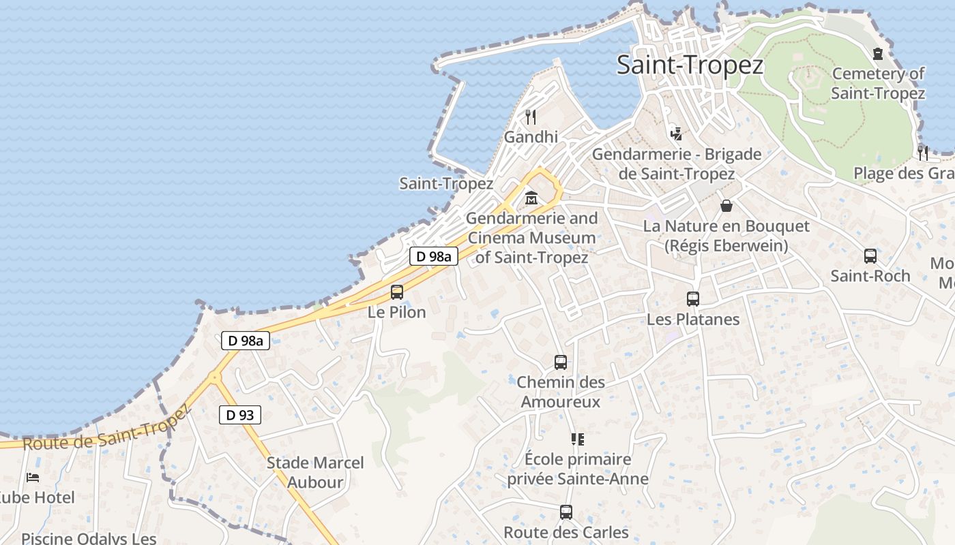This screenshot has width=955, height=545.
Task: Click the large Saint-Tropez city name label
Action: pos(690,65)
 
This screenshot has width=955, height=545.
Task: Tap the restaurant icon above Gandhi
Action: pos(531,117)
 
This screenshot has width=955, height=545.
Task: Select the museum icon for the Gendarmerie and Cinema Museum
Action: pos(531,199)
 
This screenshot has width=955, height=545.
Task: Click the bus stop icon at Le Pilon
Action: pos(397,292)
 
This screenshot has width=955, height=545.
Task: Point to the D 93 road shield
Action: pos(240,414)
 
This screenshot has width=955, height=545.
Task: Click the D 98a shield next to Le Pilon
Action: pos(434,257)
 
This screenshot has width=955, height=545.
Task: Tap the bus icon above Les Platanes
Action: pos(693,298)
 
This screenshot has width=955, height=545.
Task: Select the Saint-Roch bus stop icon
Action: pos(870,256)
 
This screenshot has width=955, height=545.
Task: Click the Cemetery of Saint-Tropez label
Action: pos(878,83)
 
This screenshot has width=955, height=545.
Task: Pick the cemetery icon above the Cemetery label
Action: pos(878,54)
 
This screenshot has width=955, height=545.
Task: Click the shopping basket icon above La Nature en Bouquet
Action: pos(726,205)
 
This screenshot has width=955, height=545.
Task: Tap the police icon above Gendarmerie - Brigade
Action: pos(676,134)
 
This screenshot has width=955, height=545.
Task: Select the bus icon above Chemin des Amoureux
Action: pos(561,362)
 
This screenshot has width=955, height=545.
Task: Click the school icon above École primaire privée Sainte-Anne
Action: pos(578,439)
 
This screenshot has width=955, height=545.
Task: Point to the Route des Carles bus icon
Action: pos(566,512)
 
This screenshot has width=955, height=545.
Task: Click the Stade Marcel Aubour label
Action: pos(315,472)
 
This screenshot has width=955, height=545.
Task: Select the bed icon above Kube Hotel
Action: pos(33,478)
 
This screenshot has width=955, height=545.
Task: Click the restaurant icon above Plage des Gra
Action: pos(923,152)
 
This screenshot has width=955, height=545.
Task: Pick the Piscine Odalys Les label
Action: pos(89,538)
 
